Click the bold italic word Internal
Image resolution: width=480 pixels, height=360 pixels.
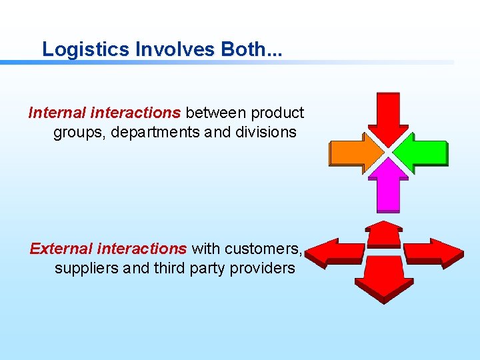57,113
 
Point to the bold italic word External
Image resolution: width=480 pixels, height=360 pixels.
61,249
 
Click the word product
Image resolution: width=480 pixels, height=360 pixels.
277,113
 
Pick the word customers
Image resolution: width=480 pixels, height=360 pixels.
263,249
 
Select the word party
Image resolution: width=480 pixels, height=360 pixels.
201,268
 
